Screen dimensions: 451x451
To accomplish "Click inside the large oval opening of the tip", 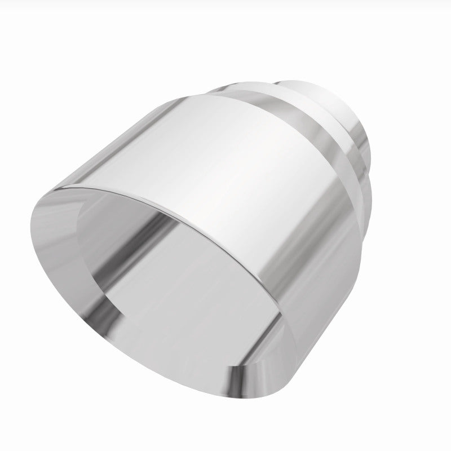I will pyautogui.click(x=186, y=293).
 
